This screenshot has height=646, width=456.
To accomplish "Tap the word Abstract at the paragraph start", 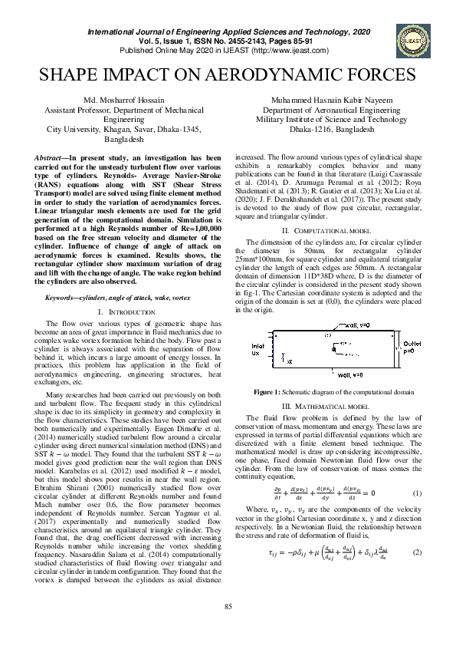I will point(49,157).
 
